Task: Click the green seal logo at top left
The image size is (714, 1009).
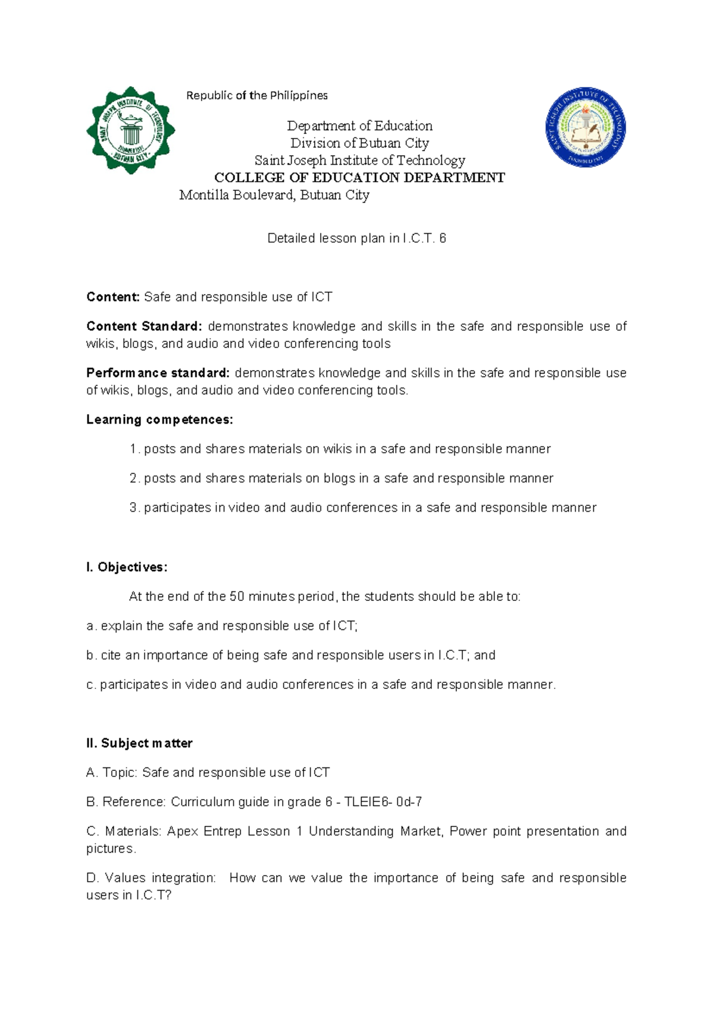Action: pos(130,130)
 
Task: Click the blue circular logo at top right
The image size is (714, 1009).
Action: pos(585,129)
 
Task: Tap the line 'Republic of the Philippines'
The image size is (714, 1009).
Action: pos(256,96)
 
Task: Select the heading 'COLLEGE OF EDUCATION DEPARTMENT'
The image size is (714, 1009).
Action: pos(359,177)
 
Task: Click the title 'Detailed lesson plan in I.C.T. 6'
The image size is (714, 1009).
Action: pos(356,239)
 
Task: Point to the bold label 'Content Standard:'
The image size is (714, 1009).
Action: pos(144,327)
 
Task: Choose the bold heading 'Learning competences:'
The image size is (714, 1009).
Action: pos(159,420)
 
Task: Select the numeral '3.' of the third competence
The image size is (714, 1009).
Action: pos(134,507)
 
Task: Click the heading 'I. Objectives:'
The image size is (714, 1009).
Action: pos(127,567)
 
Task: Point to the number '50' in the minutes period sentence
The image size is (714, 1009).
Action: pos(237,597)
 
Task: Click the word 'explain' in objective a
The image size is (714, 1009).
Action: pos(122,626)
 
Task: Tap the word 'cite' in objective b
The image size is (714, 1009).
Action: pos(111,656)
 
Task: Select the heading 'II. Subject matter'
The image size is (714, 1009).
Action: pos(139,743)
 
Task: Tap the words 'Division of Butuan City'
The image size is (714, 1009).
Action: pos(359,143)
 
